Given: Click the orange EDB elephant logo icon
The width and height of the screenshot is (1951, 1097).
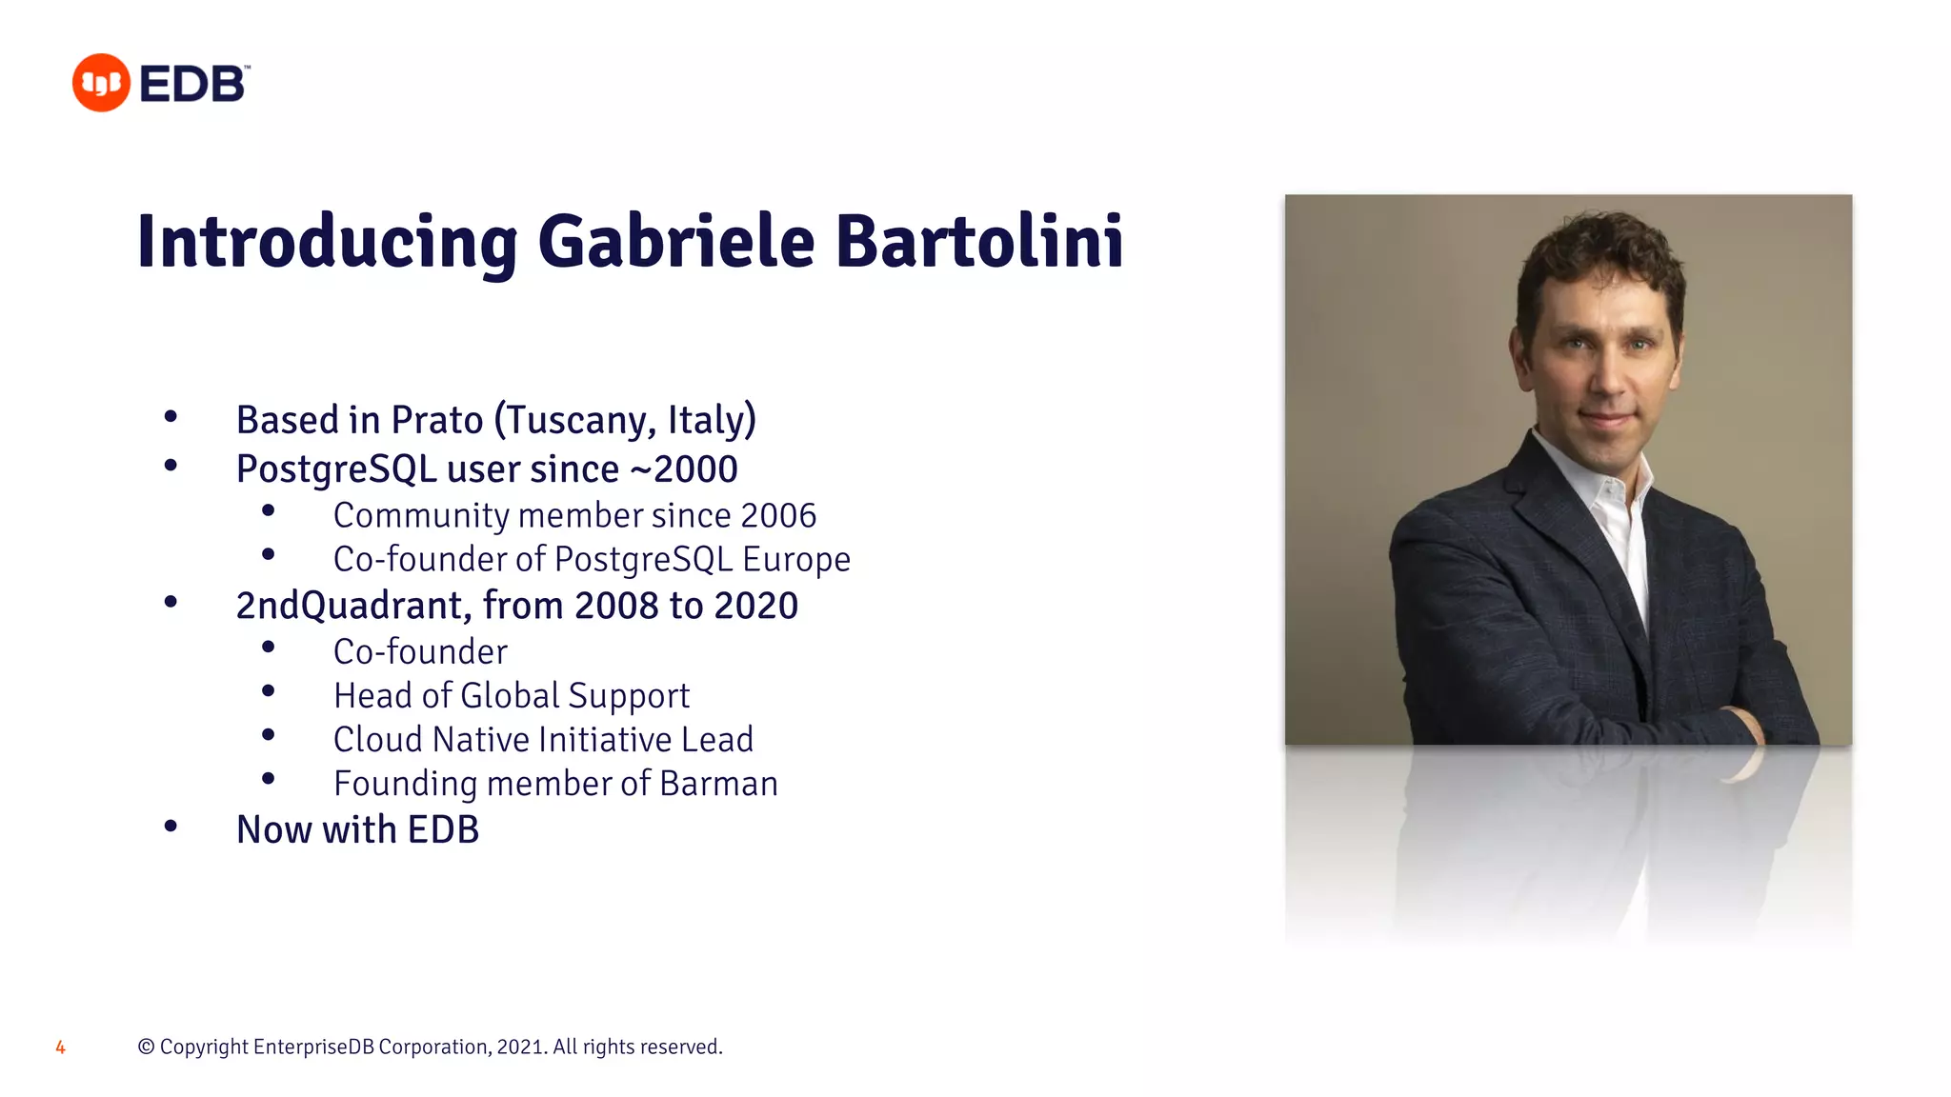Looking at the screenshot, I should pyautogui.click(x=101, y=83).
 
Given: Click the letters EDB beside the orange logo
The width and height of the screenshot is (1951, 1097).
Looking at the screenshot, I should pyautogui.click(x=192, y=84).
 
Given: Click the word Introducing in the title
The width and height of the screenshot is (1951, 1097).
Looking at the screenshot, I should pyautogui.click(x=327, y=242).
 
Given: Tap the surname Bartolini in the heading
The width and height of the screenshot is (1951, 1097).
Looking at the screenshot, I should pyautogui.click(x=979, y=242).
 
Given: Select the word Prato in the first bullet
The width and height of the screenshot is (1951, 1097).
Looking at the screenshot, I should pyautogui.click(x=437, y=420).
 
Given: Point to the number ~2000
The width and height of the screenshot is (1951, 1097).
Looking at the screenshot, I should pyautogui.click(x=683, y=469).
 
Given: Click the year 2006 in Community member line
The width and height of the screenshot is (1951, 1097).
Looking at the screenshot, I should pyautogui.click(x=778, y=515).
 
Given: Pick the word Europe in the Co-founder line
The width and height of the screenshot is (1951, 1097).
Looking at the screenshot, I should pyautogui.click(x=796, y=560).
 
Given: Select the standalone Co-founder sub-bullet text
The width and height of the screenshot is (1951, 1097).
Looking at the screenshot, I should pyautogui.click(x=420, y=652).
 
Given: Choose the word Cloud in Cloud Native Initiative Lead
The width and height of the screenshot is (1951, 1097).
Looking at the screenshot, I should pyautogui.click(x=377, y=740).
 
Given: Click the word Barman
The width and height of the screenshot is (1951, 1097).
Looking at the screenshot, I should pyautogui.click(x=718, y=784).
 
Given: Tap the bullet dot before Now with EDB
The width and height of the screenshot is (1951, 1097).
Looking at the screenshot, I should pyautogui.click(x=171, y=827).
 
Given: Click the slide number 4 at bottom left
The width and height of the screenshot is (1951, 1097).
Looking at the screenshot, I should pyautogui.click(x=60, y=1047).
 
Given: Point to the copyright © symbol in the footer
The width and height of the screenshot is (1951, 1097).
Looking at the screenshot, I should pyautogui.click(x=146, y=1047).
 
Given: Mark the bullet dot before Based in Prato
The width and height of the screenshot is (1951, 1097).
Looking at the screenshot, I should pyautogui.click(x=171, y=416).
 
